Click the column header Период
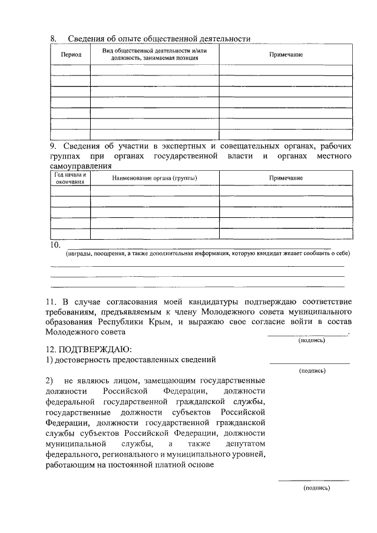tap(71, 54)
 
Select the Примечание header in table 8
tap(286, 54)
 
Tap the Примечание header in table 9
tap(286, 178)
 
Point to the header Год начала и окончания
tap(71, 178)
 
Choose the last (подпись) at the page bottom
tap(317, 488)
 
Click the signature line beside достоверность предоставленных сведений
tap(309, 363)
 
